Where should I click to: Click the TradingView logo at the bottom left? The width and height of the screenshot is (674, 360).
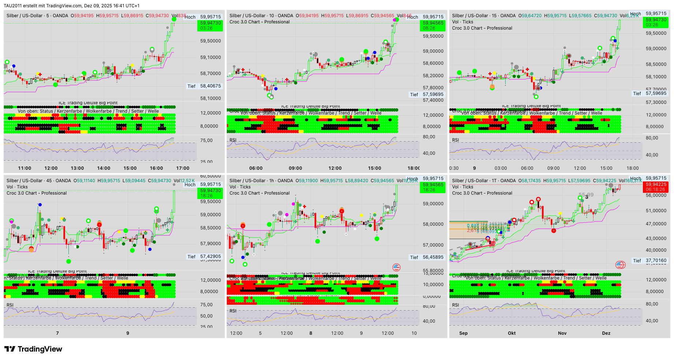[33, 349]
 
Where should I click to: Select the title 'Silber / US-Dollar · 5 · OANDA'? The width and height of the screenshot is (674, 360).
[37, 16]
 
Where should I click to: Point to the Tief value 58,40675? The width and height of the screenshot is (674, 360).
[211, 86]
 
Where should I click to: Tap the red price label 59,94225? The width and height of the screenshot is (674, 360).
[656, 185]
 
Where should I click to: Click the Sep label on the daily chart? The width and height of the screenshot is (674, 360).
[463, 333]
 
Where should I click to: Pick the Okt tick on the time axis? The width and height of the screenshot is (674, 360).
[512, 333]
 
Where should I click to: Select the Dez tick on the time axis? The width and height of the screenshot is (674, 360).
[606, 333]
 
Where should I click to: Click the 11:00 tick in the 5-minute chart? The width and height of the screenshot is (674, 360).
[25, 168]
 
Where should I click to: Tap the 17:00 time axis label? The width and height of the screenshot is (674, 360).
[183, 168]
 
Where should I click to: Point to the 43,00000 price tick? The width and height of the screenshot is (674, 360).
[656, 239]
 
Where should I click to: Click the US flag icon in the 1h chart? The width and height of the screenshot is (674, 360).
[396, 267]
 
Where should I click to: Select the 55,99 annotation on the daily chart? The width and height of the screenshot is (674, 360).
[586, 195]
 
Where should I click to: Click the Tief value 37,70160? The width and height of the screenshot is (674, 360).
[656, 261]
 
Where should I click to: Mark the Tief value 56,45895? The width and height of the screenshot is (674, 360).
[433, 257]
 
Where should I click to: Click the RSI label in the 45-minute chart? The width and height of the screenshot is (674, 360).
[10, 305]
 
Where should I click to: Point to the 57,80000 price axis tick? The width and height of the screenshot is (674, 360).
[433, 88]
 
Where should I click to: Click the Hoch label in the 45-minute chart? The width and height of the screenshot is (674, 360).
[190, 185]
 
